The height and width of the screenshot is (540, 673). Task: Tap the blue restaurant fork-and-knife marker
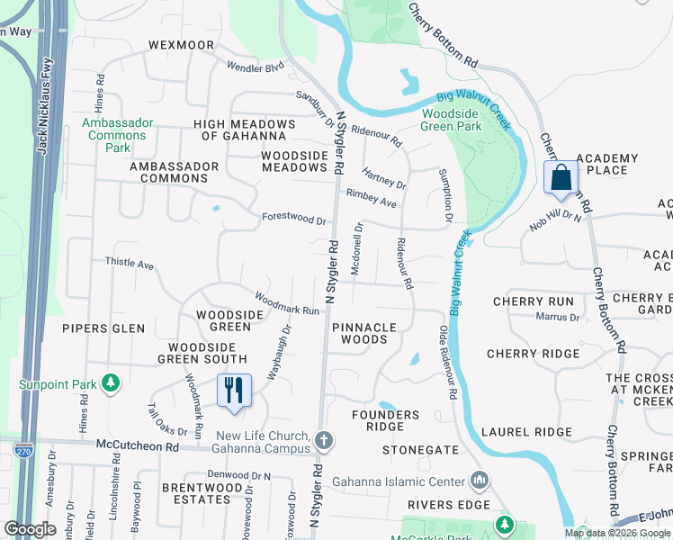point(233,390)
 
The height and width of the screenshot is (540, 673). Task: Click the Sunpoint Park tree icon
point(111,384)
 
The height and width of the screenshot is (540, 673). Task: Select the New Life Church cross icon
point(324,440)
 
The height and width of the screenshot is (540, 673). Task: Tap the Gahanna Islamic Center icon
point(478,481)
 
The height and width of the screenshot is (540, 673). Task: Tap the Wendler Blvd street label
point(255,67)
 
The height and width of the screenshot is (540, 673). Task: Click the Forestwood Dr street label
point(294,218)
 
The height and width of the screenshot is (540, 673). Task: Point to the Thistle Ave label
point(130,265)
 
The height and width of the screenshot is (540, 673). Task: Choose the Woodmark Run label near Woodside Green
point(287,303)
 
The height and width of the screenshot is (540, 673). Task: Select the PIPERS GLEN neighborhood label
point(103,328)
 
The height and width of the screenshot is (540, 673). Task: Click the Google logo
point(30,529)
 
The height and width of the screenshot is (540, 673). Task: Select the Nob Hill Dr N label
point(556,220)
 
